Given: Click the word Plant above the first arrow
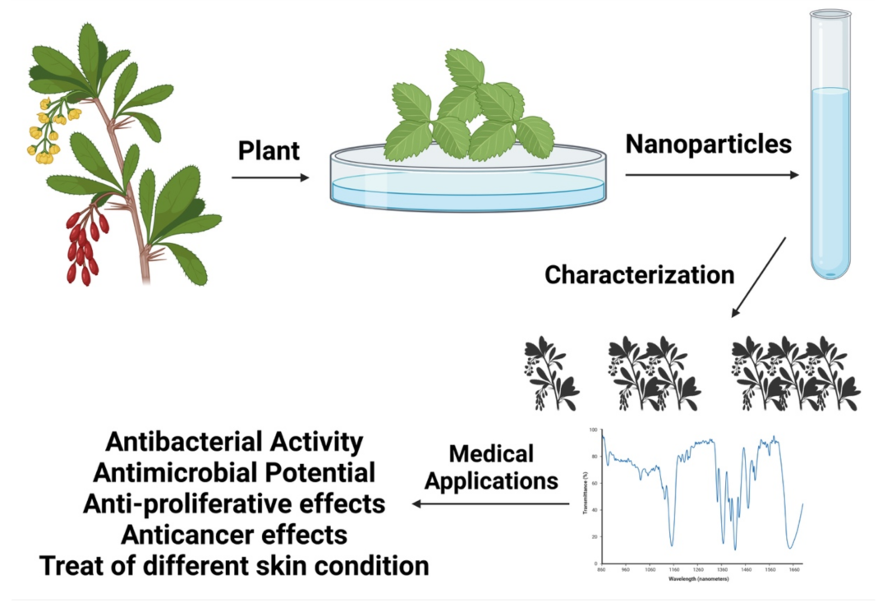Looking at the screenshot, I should point(269,153).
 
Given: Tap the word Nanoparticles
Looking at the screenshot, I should point(708,145).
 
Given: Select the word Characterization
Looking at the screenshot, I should point(639,274).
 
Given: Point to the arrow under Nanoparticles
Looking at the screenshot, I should point(711,175).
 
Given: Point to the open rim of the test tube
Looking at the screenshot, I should point(830,14).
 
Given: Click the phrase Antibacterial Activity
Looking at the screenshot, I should point(234,442).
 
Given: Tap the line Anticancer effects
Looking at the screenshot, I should point(234,535).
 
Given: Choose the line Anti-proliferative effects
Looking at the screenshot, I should point(234,504).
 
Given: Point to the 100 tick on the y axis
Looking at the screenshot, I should point(594,430).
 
